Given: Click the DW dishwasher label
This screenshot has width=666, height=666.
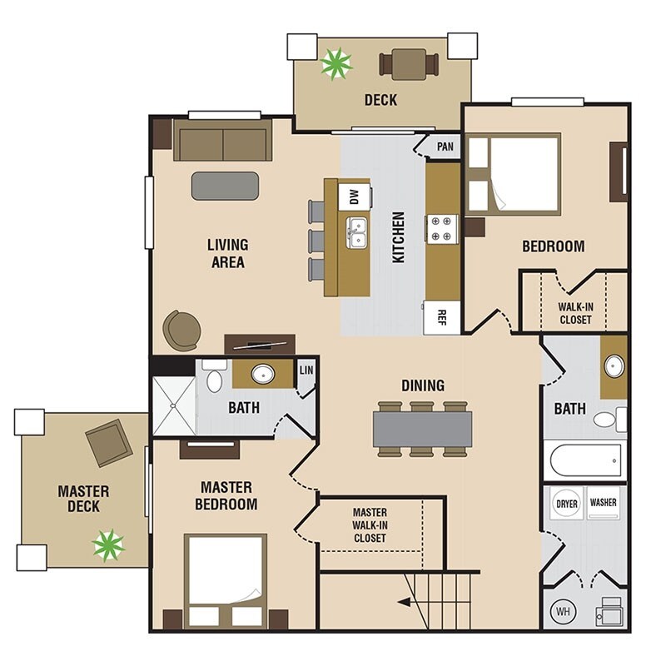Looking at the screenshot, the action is pos(355,196).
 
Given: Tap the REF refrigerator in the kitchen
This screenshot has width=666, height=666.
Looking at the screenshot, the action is pos(442,317).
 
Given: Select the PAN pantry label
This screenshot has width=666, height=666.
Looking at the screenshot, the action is pos(445,147).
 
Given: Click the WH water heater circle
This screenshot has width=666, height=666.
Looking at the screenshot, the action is pos(564,612).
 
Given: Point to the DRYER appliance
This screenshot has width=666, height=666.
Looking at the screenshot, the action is pos(567,504).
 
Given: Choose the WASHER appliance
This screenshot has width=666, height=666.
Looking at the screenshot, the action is pos(603,504).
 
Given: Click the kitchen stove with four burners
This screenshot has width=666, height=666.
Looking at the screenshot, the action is pos(442,229).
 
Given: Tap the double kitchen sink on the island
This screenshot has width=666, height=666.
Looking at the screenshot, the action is pos(357,232).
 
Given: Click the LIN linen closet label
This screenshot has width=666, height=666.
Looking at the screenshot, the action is pos(306,370).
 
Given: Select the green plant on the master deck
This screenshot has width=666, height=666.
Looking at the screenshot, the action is pos(109,545).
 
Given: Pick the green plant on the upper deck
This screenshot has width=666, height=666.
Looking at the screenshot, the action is pos(336,64).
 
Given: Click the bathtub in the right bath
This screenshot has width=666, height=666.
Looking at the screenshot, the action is pos(586,460).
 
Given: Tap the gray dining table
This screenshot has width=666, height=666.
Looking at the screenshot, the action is pos(423,429).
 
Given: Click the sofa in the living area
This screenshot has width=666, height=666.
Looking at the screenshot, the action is pos(222,140).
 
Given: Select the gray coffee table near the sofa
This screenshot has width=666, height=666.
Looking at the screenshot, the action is pos(225,186).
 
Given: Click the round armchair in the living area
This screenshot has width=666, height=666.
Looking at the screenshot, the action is pos(181,331).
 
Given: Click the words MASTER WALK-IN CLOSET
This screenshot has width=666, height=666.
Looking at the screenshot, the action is pos(370,525).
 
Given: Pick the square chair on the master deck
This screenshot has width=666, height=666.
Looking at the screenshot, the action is pos(109,443).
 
